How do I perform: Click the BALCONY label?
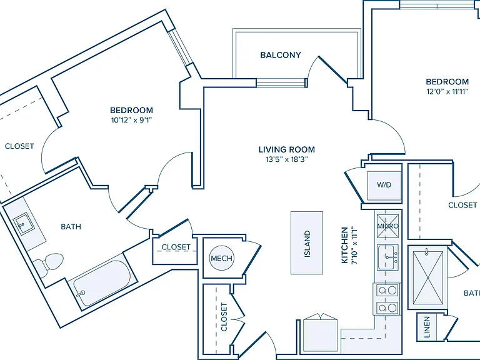pyautogui.click(x=281, y=55)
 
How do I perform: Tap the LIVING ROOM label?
pyautogui.click(x=287, y=150)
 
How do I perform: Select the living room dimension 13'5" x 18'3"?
pyautogui.click(x=286, y=159)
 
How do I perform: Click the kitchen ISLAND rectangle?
pyautogui.click(x=307, y=242)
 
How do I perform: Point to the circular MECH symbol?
pyautogui.click(x=222, y=258)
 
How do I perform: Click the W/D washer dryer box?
pyautogui.click(x=384, y=186)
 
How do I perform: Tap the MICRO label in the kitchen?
pyautogui.click(x=388, y=226)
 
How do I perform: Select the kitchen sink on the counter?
pyautogui.click(x=388, y=257)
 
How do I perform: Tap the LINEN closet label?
pyautogui.click(x=427, y=327)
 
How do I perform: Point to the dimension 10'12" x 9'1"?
pyautogui.click(x=132, y=120)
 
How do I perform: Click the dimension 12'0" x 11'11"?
pyautogui.click(x=447, y=91)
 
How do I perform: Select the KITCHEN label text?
pyautogui.click(x=345, y=245)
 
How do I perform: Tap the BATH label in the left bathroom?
pyautogui.click(x=71, y=227)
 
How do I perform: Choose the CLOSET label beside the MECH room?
pyautogui.click(x=176, y=247)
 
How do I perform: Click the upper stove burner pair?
pyautogui.click(x=387, y=289)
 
